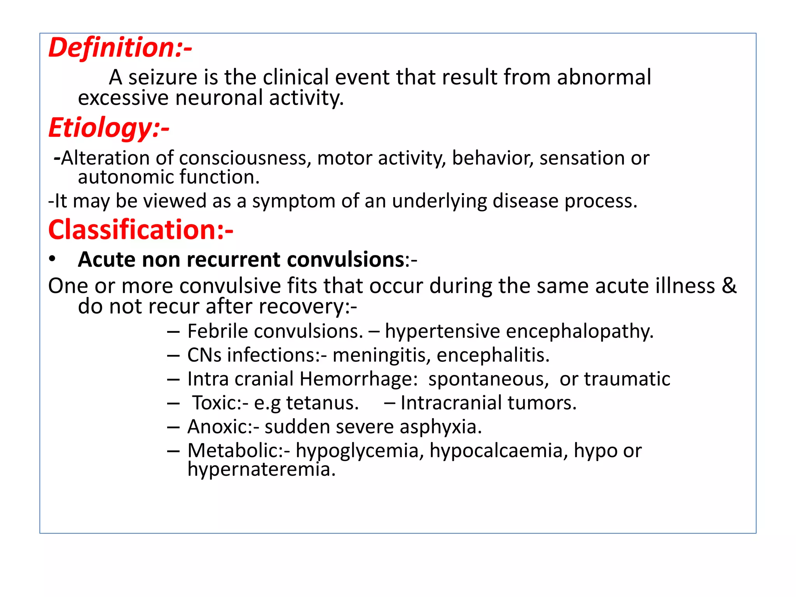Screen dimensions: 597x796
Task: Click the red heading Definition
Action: (x=120, y=48)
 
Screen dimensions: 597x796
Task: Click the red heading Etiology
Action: (x=109, y=128)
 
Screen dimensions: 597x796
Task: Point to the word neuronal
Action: (x=219, y=98)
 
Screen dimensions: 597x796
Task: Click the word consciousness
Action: (x=245, y=159)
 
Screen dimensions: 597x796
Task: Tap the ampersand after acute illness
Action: (x=729, y=286)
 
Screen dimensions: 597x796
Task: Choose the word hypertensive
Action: (x=442, y=332)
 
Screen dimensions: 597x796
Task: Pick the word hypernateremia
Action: (x=261, y=470)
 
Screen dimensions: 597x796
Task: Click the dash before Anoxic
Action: (x=173, y=427)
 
